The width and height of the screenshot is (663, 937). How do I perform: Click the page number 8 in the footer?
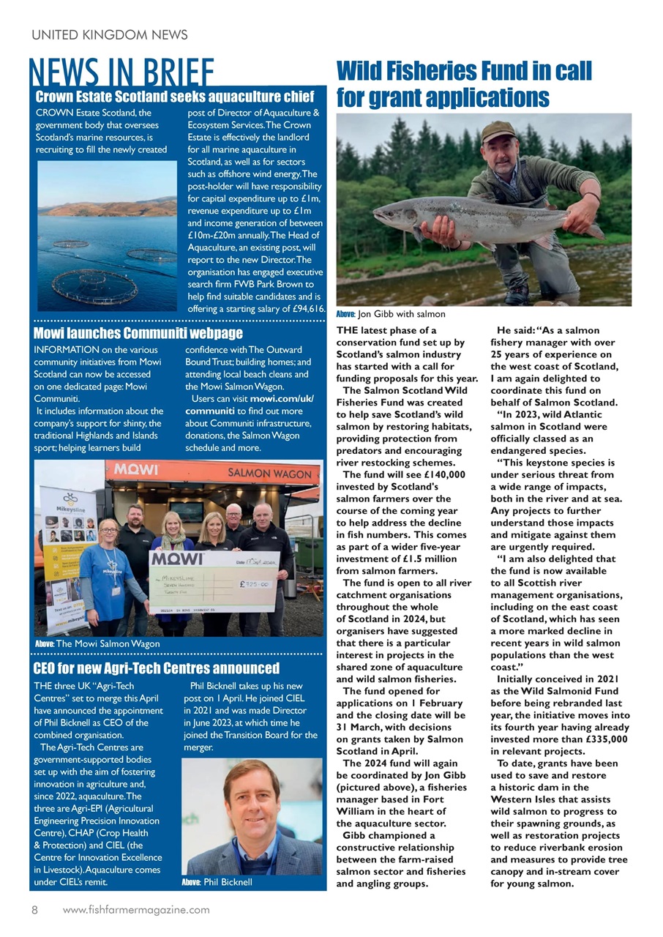click(x=34, y=910)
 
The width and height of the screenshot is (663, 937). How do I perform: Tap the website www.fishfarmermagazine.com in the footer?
click(x=136, y=910)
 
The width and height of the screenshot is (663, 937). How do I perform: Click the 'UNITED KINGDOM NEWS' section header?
click(x=110, y=34)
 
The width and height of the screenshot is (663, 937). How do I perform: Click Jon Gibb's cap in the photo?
click(x=498, y=132)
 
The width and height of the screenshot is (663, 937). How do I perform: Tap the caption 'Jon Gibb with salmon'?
click(x=401, y=314)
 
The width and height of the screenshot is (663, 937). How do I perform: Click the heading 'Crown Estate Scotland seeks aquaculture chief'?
click(x=176, y=97)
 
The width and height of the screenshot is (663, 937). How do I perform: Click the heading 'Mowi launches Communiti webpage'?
click(x=138, y=334)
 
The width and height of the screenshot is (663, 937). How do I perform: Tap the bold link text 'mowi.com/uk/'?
click(x=282, y=399)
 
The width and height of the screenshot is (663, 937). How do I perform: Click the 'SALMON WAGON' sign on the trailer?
click(x=269, y=474)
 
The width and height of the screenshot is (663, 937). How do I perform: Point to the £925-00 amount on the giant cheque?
click(x=256, y=583)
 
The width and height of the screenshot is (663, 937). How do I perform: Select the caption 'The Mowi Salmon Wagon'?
click(x=108, y=643)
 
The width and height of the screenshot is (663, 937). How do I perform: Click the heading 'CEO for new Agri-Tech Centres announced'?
click(x=157, y=668)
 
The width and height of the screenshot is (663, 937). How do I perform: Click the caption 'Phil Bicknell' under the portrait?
click(x=228, y=882)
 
